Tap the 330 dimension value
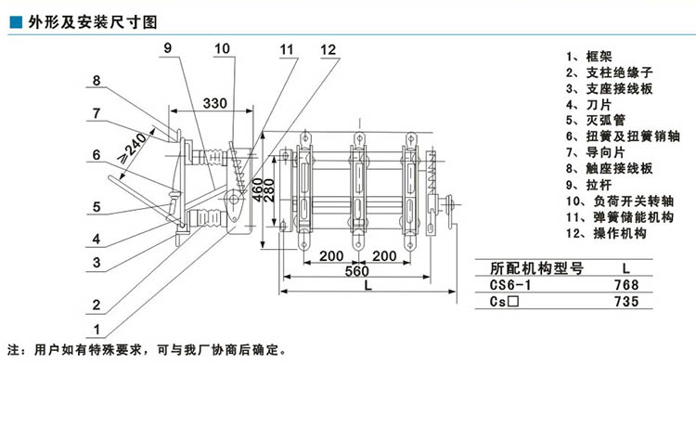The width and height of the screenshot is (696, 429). [x=214, y=102]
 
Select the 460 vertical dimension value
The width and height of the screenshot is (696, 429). [x=256, y=187]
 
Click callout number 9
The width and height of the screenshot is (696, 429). [x=167, y=47]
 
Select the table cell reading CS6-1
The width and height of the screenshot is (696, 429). [x=508, y=285]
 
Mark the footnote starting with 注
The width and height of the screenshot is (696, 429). [x=148, y=351]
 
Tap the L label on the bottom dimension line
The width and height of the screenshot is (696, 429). [x=368, y=287]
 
